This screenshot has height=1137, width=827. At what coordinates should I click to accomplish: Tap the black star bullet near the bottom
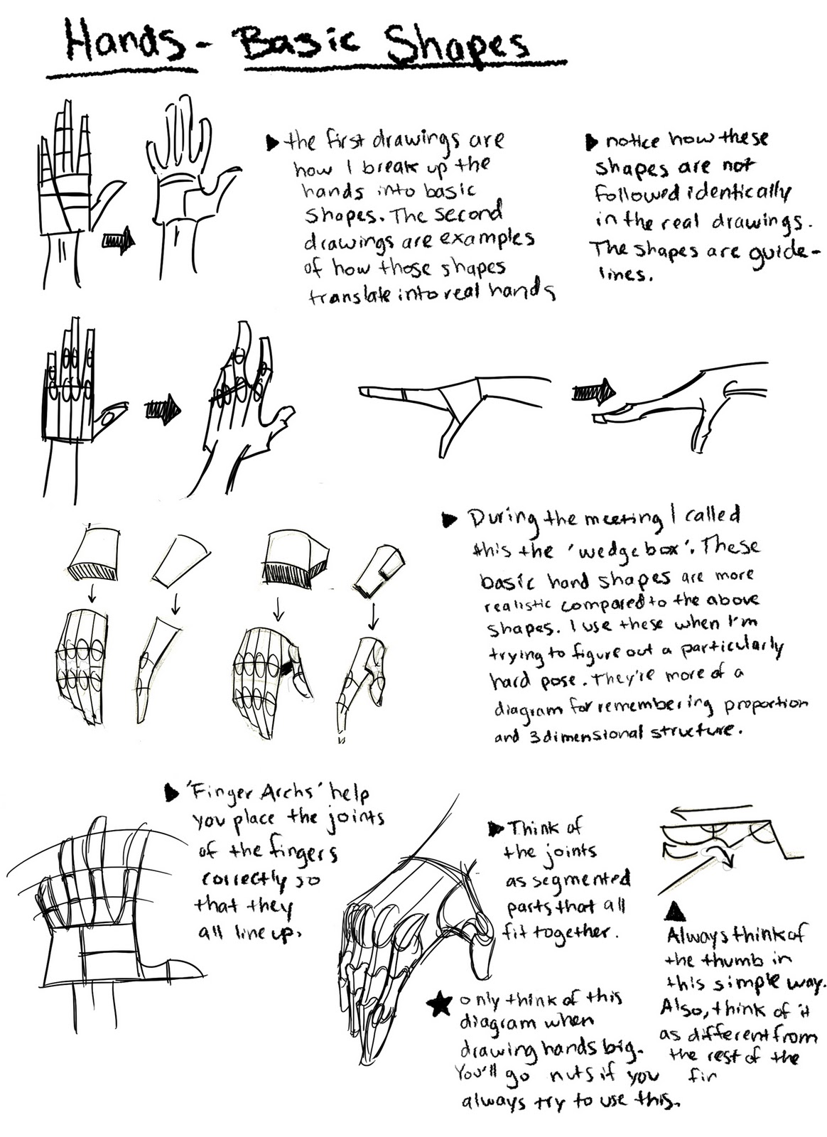[x=440, y=1004]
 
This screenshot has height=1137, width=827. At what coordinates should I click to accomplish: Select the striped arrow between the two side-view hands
[x=595, y=391]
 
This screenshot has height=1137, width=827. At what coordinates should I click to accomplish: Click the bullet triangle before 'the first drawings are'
[x=272, y=143]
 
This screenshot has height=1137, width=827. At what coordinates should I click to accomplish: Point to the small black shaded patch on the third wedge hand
[x=286, y=668]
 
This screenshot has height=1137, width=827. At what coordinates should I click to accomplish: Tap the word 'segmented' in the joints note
[x=568, y=880]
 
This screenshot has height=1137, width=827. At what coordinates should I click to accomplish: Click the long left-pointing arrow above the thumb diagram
[x=710, y=809]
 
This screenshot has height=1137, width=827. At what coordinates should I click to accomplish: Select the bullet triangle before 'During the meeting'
[x=448, y=520]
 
